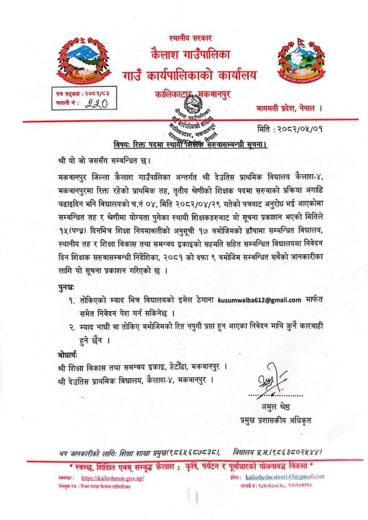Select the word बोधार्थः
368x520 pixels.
(70, 353)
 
